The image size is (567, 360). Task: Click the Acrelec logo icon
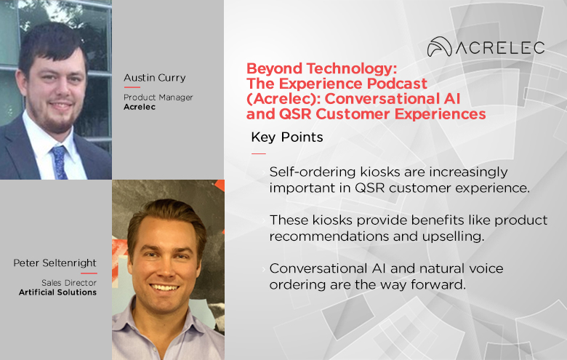tap(439, 47)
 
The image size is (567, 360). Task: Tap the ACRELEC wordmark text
tap(500, 48)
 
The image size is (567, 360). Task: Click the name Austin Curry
tap(154, 78)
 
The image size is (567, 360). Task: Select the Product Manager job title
tap(158, 97)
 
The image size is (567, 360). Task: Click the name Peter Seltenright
tap(55, 263)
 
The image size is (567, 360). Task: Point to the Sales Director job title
tap(69, 283)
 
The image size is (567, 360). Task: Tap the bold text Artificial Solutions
tap(58, 292)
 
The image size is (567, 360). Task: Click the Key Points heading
tap(287, 137)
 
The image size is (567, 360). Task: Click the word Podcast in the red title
tap(397, 84)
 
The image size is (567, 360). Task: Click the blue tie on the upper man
tap(60, 162)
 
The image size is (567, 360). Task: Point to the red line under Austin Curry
tap(132, 87)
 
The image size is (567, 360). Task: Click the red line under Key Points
tap(259, 153)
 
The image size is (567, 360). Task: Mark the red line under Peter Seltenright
tap(89, 273)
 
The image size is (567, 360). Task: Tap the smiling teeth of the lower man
tap(164, 288)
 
